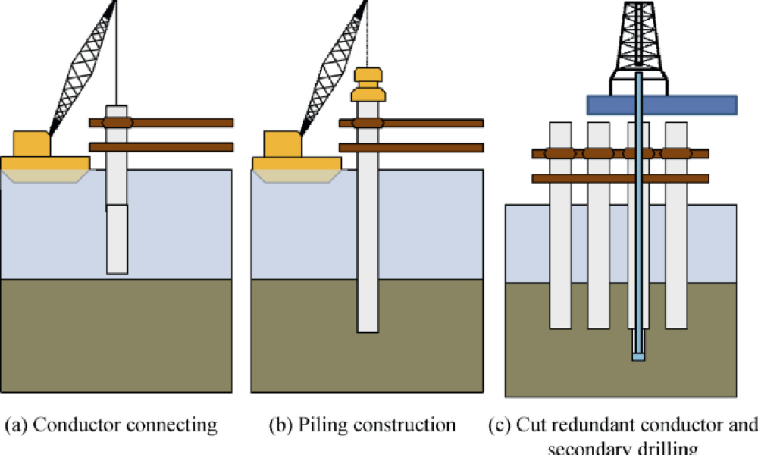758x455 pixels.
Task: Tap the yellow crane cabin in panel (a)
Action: point(32,143)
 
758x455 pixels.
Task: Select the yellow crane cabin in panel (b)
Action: point(282,143)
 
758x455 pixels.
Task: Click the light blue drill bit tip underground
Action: point(638,356)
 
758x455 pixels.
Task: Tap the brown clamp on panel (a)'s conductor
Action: point(117,122)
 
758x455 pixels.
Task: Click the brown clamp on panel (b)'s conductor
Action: point(367,122)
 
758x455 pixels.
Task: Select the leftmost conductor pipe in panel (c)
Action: point(560,243)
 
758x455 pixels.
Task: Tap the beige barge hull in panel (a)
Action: point(45,176)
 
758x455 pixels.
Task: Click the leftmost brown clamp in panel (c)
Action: point(560,154)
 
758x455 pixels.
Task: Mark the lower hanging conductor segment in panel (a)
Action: point(117,239)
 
